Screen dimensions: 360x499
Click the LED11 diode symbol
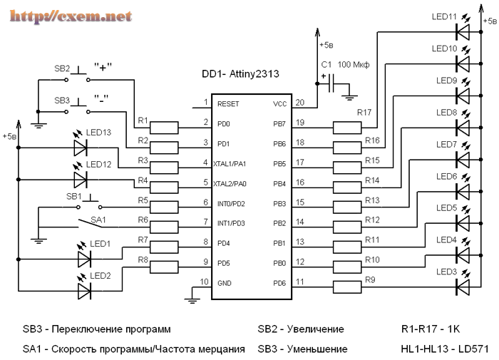[x=463, y=31]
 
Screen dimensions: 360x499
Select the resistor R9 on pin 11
[x=347, y=287]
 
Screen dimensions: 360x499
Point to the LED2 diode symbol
[x=83, y=290]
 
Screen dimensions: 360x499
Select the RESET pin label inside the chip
[x=230, y=103]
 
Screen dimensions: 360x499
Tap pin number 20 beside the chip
[x=299, y=102]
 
